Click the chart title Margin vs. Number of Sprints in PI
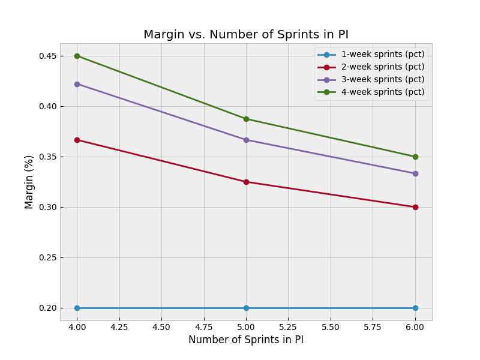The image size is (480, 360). [245, 35]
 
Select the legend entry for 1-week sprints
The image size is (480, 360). [382, 55]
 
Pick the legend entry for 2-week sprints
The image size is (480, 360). [382, 67]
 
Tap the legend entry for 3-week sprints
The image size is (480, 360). [382, 80]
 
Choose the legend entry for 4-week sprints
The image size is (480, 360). [382, 92]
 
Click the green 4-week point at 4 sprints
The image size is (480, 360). [77, 56]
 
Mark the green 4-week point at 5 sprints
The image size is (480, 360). [246, 119]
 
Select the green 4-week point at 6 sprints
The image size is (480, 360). [415, 157]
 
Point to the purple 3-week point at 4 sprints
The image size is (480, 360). [77, 84]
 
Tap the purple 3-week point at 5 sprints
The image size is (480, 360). [246, 140]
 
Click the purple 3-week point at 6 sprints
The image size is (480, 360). [415, 173]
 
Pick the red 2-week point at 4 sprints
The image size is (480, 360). [77, 140]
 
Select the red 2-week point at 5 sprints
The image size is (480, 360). [246, 182]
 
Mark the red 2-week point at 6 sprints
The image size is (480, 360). [415, 207]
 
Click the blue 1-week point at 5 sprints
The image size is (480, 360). [246, 308]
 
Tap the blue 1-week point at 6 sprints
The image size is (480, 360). [415, 308]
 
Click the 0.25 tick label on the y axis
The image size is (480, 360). [47, 257]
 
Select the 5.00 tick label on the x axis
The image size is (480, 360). [246, 327]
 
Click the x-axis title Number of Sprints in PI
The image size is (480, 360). [245, 340]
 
